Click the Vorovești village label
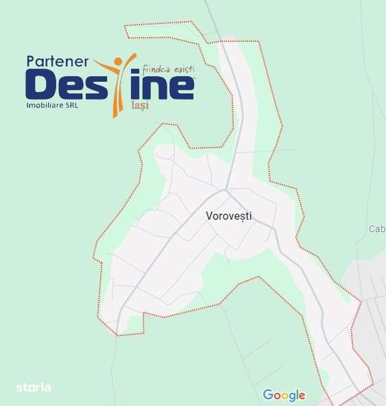229,216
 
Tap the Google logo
284,395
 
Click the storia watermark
34,387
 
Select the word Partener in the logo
57,61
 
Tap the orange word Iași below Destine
139,106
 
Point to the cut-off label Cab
377,229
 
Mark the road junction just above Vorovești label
226,188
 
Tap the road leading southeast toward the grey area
302,275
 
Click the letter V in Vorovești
209,216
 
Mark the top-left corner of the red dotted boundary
125,26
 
